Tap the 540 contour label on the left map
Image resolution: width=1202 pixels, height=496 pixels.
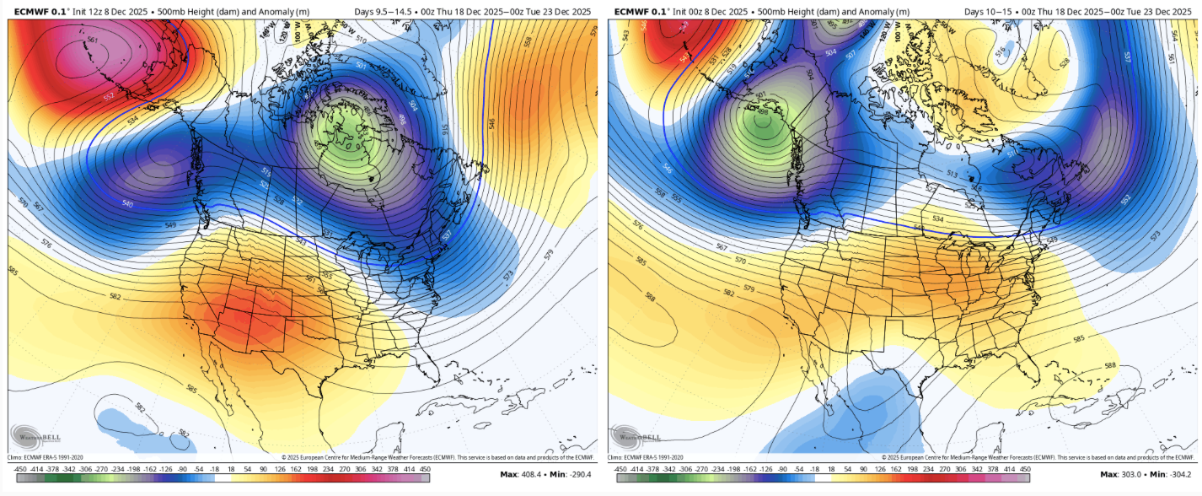[127, 203]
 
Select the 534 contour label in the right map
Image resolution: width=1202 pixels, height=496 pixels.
[938, 218]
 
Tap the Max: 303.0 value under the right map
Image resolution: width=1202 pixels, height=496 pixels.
[1125, 474]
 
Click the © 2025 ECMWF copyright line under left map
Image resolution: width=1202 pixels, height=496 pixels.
[438, 456]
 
